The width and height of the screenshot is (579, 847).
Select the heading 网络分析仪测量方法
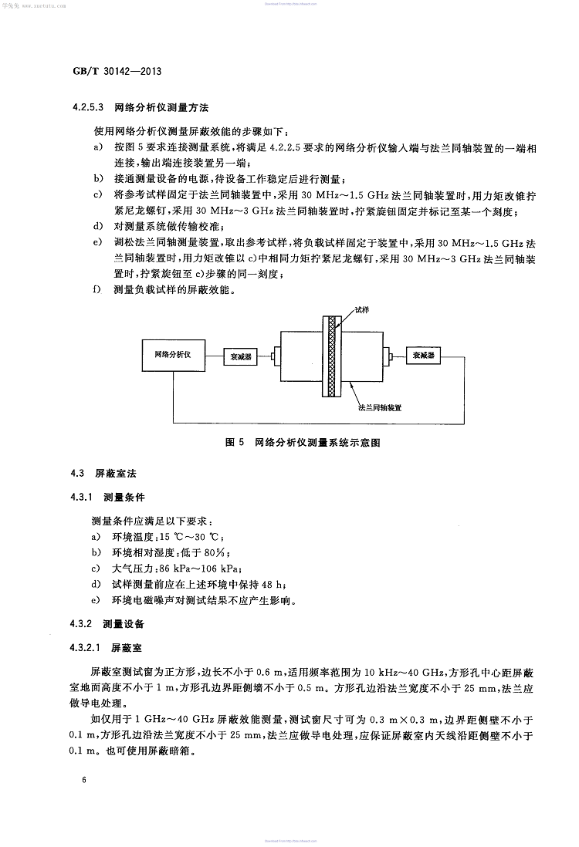click(x=162, y=106)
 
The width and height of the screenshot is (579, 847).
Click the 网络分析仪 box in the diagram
click(x=178, y=354)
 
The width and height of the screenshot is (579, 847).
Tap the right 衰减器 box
click(x=425, y=355)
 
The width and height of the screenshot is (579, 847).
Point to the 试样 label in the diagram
click(x=362, y=309)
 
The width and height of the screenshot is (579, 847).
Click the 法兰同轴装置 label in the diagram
click(x=384, y=403)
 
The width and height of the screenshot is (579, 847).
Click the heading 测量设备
click(x=124, y=623)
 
